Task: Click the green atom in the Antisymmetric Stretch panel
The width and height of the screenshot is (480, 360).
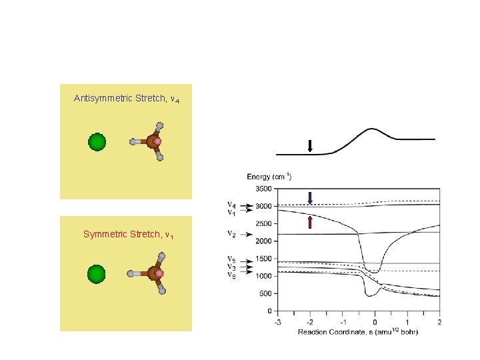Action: pyautogui.click(x=97, y=142)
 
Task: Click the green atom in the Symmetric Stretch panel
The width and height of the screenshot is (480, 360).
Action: pyautogui.click(x=97, y=273)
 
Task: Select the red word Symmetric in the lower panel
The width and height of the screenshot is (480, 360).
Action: pyautogui.click(x=103, y=234)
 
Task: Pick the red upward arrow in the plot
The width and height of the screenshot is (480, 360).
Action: pyautogui.click(x=310, y=221)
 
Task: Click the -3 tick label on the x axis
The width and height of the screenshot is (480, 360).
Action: pyautogui.click(x=277, y=322)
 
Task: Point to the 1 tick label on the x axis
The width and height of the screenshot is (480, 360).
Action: pyautogui.click(x=407, y=322)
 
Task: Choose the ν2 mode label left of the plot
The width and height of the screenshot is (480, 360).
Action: pyautogui.click(x=231, y=234)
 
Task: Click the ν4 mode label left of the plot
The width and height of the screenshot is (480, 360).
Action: pyautogui.click(x=231, y=204)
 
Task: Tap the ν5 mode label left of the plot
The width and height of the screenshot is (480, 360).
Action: pyautogui.click(x=231, y=259)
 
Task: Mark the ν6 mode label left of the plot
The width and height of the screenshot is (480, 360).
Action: pyautogui.click(x=231, y=274)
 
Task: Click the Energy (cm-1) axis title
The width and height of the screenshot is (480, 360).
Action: pyautogui.click(x=269, y=177)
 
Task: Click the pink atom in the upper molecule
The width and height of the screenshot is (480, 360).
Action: pyautogui.click(x=158, y=141)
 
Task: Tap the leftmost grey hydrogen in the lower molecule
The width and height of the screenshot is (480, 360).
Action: pyautogui.click(x=134, y=273)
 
